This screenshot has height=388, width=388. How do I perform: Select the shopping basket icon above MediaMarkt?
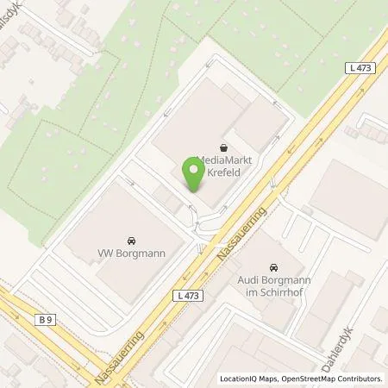(x=224, y=146)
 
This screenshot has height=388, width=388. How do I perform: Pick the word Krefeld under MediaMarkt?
(x=225, y=172)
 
